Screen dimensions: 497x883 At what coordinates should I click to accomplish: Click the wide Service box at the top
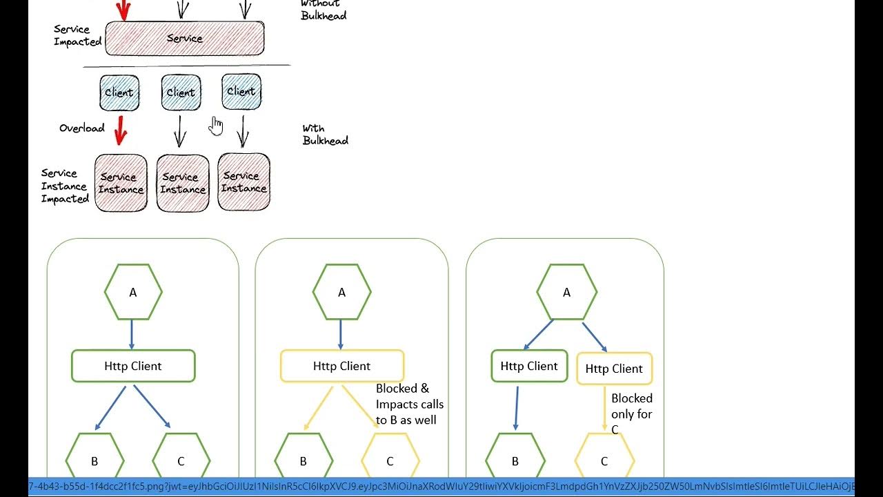pyautogui.click(x=184, y=39)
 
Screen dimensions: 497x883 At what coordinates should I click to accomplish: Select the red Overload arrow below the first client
pyautogui.click(x=121, y=130)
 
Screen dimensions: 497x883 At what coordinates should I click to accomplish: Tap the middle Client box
pyautogui.click(x=181, y=92)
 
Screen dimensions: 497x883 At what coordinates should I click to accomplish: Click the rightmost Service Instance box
pyautogui.click(x=244, y=182)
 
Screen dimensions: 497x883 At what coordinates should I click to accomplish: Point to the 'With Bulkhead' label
pyautogui.click(x=325, y=135)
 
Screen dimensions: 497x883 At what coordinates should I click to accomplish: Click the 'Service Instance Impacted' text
pyautogui.click(x=65, y=186)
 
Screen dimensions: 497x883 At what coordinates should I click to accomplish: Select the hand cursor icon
pyautogui.click(x=217, y=126)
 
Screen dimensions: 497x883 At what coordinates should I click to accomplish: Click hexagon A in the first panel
pyautogui.click(x=133, y=292)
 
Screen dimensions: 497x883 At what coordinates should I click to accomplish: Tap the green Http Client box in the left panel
pyautogui.click(x=133, y=366)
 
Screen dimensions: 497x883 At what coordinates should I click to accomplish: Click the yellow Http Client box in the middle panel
pyautogui.click(x=341, y=366)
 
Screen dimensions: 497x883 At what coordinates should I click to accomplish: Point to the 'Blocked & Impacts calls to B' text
pyautogui.click(x=410, y=404)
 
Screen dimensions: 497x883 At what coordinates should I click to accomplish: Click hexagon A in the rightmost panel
pyautogui.click(x=566, y=292)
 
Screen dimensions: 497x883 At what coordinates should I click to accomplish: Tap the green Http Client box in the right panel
pyautogui.click(x=529, y=366)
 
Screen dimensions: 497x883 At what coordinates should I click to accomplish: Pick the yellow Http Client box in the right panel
pyautogui.click(x=614, y=369)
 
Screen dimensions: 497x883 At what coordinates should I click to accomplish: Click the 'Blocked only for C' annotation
pyautogui.click(x=631, y=413)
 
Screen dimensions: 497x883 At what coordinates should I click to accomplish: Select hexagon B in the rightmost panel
pyautogui.click(x=515, y=460)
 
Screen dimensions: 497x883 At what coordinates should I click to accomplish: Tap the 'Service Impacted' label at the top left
pyautogui.click(x=77, y=35)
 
